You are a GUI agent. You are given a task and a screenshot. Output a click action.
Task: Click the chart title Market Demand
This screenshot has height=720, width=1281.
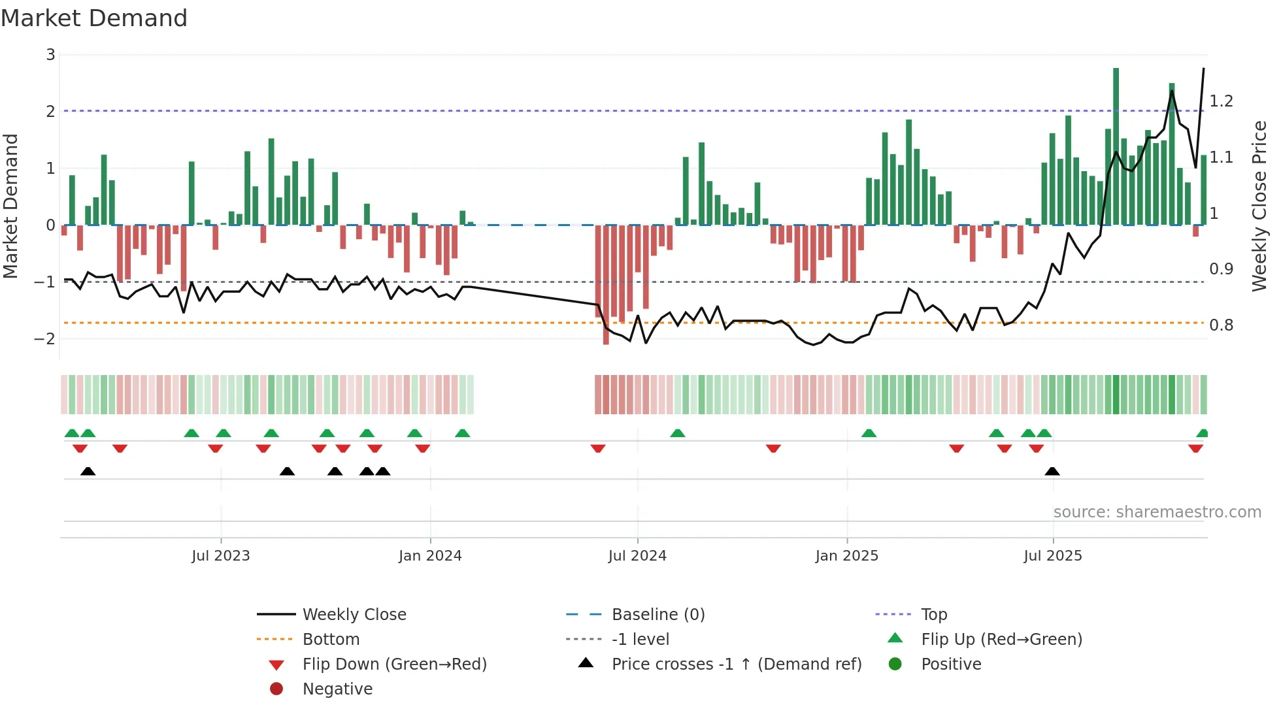[x=94, y=18]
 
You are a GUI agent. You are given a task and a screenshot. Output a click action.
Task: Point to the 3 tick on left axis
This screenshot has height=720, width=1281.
[x=50, y=55]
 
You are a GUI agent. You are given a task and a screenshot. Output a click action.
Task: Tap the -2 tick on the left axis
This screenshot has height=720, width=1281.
[x=45, y=338]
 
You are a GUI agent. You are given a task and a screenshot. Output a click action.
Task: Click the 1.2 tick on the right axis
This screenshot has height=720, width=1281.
[x=1221, y=101]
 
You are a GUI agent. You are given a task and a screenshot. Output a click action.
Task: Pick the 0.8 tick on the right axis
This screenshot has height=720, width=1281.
[x=1221, y=325]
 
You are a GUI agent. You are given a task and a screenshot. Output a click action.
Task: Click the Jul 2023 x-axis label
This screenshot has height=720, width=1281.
[x=221, y=556]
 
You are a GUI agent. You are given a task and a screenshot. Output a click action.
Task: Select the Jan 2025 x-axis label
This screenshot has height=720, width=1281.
[x=846, y=556]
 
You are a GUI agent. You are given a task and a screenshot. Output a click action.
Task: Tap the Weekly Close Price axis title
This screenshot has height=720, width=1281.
[x=1259, y=206]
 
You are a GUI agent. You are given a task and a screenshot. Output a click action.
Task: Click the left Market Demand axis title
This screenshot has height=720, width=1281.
[x=10, y=206]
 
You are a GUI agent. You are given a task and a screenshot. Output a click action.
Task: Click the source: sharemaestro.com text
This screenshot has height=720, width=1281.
[x=1157, y=512]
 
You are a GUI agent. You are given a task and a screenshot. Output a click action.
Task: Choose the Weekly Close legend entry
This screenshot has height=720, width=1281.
[x=354, y=615]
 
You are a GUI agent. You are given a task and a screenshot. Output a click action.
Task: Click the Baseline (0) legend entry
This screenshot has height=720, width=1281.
[x=657, y=615]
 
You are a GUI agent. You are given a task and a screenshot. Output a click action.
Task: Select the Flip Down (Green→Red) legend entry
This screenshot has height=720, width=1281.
[x=394, y=664]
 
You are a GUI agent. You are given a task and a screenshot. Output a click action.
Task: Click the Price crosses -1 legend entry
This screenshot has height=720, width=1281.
[x=736, y=664]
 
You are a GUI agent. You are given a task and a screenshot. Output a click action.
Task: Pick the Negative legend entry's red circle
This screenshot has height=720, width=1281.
[x=276, y=689]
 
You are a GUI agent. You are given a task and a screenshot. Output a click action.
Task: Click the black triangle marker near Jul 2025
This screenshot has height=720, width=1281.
[x=1052, y=472]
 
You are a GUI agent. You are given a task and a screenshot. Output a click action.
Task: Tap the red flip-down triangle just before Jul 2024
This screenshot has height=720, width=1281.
[x=597, y=448]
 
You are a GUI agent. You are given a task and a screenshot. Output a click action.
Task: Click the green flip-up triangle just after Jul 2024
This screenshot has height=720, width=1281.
[x=678, y=433]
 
